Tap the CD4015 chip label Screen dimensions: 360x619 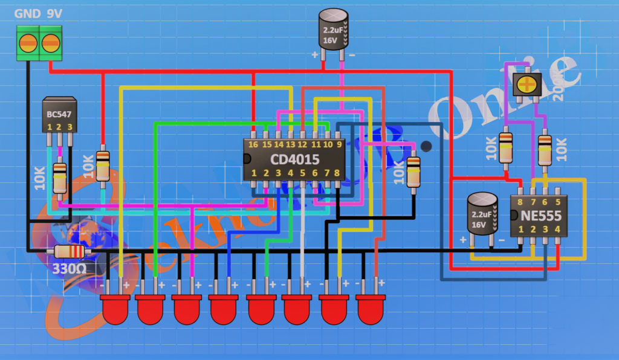(294, 159)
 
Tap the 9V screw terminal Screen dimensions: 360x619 (51, 43)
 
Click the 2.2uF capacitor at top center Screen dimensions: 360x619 (334, 29)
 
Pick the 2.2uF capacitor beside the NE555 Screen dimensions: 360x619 (482, 213)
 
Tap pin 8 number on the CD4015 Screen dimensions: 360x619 (338, 173)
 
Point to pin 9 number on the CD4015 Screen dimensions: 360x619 (339, 145)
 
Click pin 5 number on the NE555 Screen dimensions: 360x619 (557, 202)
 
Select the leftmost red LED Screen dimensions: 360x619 (116, 309)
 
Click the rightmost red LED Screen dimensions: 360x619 (371, 309)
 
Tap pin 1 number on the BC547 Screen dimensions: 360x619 (50, 127)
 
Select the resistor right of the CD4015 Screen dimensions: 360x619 (413, 172)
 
